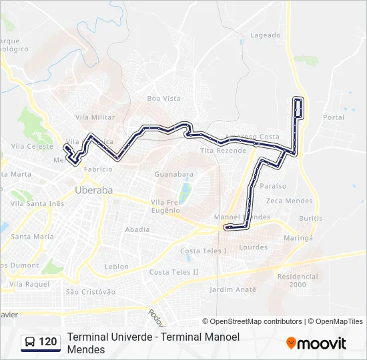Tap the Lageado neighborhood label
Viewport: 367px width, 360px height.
[265, 35]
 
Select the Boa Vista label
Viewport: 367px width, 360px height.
[163, 99]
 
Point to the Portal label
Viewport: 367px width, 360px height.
[334, 117]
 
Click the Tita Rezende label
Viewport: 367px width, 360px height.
[223, 151]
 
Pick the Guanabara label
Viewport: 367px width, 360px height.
[173, 174]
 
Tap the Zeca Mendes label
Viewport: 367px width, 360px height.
[289, 201]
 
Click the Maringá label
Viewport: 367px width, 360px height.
[298, 237]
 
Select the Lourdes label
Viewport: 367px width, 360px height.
[253, 247]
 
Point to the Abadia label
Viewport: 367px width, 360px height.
[137, 229]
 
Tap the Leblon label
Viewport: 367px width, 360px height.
[117, 267]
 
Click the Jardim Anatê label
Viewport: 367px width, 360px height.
[233, 289]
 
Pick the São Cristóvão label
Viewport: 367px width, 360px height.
[91, 292]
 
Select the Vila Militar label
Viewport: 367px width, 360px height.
[95, 117]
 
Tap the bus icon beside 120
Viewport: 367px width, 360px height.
[30, 342]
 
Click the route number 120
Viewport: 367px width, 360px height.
[48, 342]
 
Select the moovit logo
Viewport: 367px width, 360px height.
[316, 343]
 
